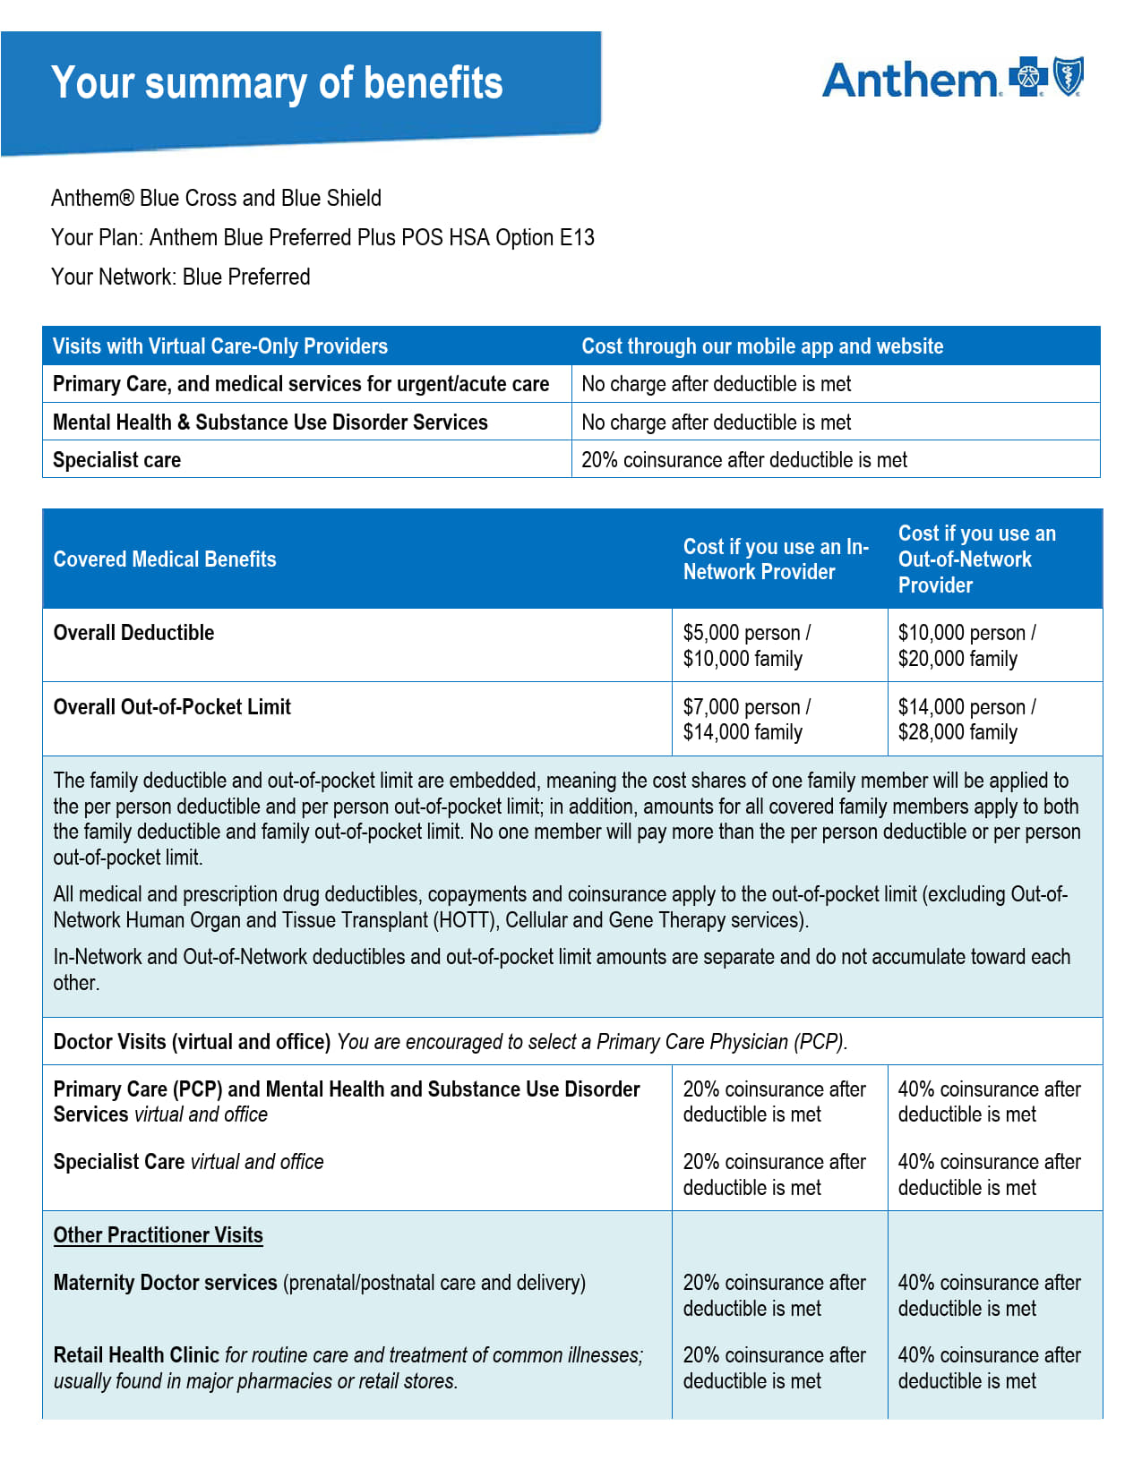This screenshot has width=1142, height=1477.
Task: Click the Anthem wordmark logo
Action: click(909, 81)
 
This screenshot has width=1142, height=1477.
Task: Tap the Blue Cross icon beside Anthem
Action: click(1028, 77)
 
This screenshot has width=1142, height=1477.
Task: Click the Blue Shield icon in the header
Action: click(1069, 76)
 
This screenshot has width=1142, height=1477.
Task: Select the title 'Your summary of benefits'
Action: click(277, 83)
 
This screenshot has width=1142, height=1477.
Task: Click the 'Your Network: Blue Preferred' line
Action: click(181, 277)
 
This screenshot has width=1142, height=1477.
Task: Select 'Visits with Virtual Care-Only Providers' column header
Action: click(220, 346)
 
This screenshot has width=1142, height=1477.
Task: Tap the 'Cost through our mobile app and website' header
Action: click(762, 346)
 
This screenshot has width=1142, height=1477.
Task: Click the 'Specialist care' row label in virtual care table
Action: click(117, 460)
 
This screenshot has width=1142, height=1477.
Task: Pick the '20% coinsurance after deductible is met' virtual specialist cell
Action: click(744, 460)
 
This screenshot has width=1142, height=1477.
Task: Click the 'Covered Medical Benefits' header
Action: click(165, 559)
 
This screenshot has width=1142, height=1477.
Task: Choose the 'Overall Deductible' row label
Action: click(134, 633)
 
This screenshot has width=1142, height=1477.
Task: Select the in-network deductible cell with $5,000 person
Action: click(746, 633)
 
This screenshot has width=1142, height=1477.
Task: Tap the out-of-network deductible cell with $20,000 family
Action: click(957, 660)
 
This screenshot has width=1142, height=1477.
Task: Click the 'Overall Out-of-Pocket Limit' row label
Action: click(172, 707)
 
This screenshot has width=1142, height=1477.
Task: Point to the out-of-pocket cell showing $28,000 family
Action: click(957, 733)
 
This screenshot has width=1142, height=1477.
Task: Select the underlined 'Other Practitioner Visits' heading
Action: click(159, 1235)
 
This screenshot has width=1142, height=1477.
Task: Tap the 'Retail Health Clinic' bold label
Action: click(136, 1355)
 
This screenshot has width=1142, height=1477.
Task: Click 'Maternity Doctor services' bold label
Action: click(166, 1283)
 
